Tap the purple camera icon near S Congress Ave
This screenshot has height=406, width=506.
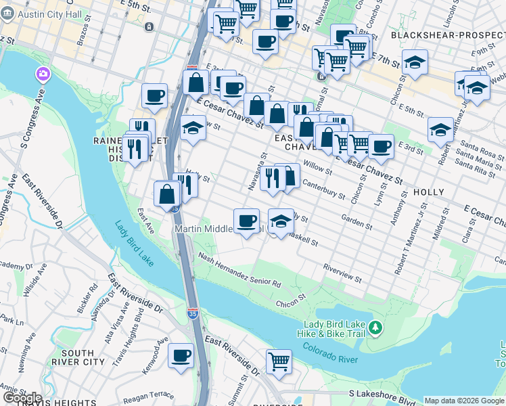click(x=43, y=73)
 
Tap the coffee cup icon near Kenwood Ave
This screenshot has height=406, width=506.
click(x=181, y=355)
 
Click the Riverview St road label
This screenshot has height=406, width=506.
click(x=342, y=273)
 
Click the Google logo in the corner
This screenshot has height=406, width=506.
click(x=22, y=397)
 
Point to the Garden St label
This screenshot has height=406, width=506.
click(x=356, y=222)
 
